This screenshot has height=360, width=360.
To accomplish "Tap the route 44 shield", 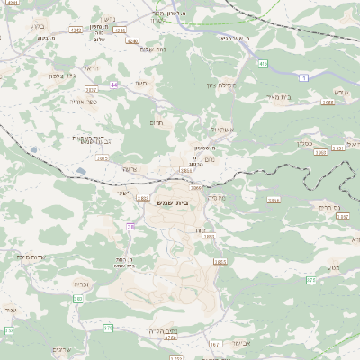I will click(114, 85).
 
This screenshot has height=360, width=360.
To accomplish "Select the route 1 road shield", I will click(304, 78).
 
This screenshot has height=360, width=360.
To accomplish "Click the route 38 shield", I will click(130, 227).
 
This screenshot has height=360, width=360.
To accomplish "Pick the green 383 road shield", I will click(78, 298).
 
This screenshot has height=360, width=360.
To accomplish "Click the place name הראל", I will click(90, 67).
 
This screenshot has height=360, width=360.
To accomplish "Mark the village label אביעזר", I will click(240, 342).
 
